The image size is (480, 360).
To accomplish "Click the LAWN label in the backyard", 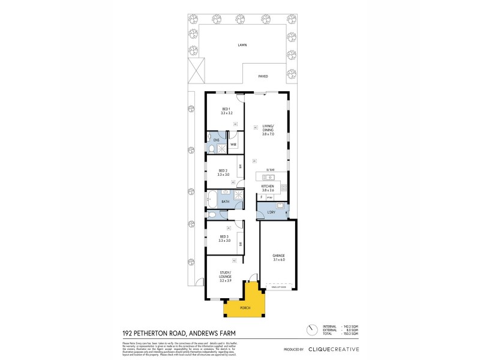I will pos(242,45).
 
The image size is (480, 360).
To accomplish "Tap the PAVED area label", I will pos(263,77).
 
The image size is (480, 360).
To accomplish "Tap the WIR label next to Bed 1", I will pos(233,144).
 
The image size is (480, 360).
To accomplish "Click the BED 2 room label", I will pos(223,172).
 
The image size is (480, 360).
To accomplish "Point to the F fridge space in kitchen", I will pos(262,197).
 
